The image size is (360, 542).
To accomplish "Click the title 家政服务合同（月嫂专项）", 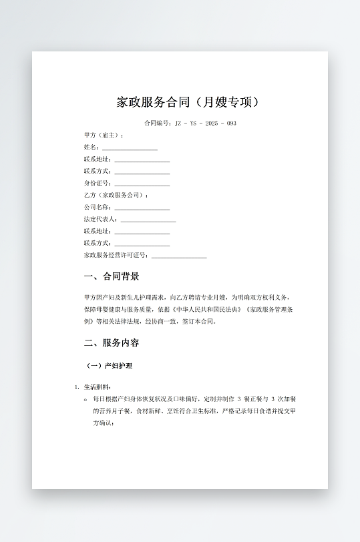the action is click(x=188, y=103).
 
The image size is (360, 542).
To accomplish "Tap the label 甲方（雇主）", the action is click(x=104, y=135).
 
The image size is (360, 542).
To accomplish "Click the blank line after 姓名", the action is click(x=130, y=148).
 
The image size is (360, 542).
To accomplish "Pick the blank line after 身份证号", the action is click(x=142, y=184).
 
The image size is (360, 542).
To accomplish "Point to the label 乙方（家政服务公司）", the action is click(x=116, y=196).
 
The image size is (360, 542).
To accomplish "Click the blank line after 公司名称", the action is click(x=142, y=208).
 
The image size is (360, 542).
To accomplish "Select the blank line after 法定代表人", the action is click(x=148, y=220).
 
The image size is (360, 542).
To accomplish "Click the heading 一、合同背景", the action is click(x=112, y=277).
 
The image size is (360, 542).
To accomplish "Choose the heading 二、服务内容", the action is click(x=112, y=343).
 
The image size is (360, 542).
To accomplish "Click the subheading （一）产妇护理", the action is click(x=110, y=366).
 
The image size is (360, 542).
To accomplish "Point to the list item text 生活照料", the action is click(x=98, y=387).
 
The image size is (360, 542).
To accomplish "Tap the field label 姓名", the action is click(x=92, y=148).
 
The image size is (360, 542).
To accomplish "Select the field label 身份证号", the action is click(x=98, y=184).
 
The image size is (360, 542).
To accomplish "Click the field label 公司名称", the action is click(x=98, y=208).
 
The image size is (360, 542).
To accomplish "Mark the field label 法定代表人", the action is click(x=100, y=220).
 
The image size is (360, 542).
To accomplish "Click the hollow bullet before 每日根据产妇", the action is click(x=85, y=399).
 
